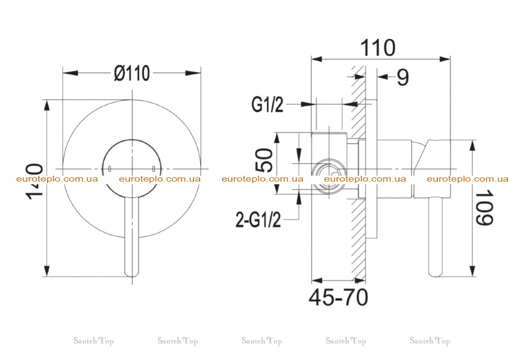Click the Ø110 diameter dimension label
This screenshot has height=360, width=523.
pos(132,73)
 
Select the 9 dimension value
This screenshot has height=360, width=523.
pos(403,78)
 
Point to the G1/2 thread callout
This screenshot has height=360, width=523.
pos(267,105)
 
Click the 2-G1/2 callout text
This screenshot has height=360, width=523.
pos(258,220)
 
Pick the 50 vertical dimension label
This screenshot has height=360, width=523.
pos(266,161)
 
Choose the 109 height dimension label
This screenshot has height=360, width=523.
pos(484,207)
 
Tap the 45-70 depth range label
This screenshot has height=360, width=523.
pos(339,297)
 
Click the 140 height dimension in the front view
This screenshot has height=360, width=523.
pos(35,182)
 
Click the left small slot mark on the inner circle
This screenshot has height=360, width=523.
pos(109,169)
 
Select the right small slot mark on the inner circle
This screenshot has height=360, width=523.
pos(154,169)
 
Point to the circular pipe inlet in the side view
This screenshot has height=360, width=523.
pos(329,176)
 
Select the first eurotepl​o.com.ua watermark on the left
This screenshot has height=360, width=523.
pos(57,179)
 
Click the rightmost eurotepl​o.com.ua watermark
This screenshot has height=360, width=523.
pos(467,179)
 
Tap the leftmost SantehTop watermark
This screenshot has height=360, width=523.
pos(94,341)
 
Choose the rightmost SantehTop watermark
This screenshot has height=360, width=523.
pos(430,341)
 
